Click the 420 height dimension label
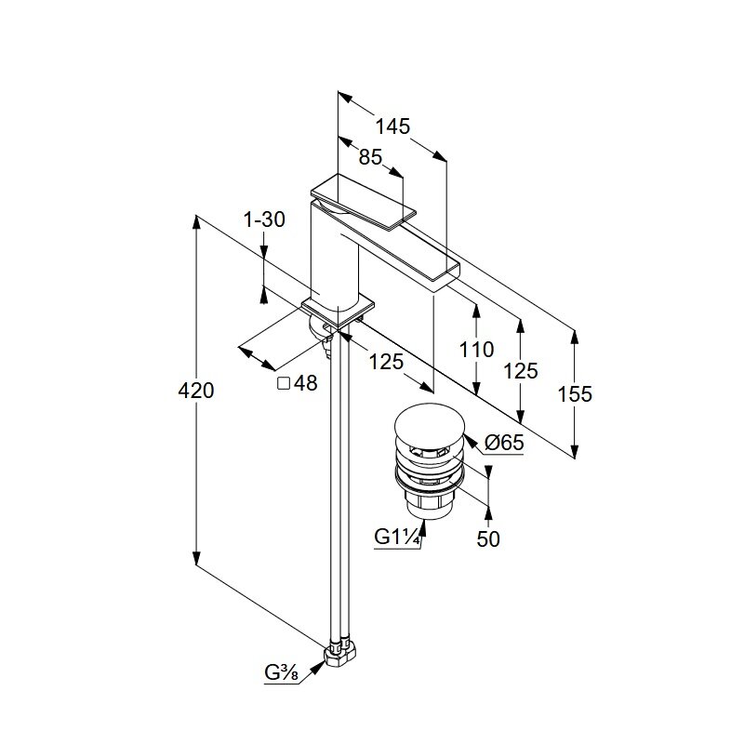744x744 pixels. point(196,391)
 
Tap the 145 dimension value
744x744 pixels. point(392,126)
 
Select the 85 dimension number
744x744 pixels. point(370,157)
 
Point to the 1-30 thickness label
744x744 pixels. point(264,219)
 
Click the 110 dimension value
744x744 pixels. point(476,350)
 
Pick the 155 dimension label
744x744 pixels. point(575,393)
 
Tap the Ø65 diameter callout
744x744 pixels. point(504,443)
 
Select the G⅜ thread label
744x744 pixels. point(281,672)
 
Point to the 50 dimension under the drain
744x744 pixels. point(488,539)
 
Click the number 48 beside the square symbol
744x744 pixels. point(305,383)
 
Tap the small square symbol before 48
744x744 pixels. point(284,383)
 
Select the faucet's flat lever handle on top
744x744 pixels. point(363,202)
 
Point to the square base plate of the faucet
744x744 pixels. point(338,312)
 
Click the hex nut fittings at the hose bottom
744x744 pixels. point(341,655)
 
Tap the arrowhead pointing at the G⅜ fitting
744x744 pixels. point(317,668)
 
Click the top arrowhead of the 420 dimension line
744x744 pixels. point(196,222)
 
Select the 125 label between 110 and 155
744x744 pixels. point(521,370)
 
